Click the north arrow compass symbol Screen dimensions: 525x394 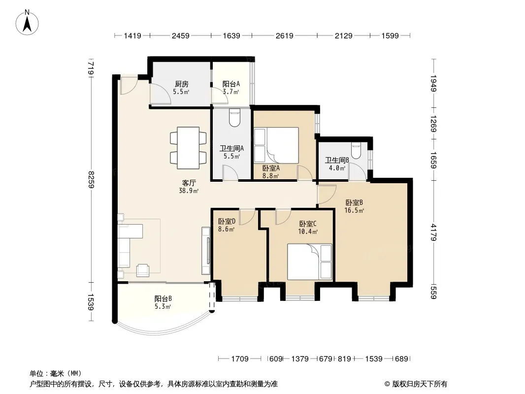click(x=27, y=23)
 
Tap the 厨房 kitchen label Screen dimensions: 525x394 click(x=181, y=84)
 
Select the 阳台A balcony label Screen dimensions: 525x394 click(x=231, y=84)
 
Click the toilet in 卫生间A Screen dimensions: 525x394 click(x=234, y=118)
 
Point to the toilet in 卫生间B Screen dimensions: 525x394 click(x=356, y=150)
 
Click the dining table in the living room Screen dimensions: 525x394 click(x=188, y=148)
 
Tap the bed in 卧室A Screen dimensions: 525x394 click(x=276, y=145)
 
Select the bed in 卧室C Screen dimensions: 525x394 click(x=310, y=262)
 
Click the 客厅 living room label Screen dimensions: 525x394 click(x=189, y=183)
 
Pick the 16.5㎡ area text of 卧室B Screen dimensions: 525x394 click(x=354, y=211)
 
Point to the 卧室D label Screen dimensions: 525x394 click(x=227, y=221)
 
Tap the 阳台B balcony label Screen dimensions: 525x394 click(x=163, y=298)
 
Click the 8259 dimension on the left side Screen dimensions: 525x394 click(x=91, y=179)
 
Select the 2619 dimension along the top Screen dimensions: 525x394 click(x=285, y=35)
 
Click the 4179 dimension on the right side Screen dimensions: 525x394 click(x=433, y=232)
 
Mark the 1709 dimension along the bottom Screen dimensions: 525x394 click(x=240, y=359)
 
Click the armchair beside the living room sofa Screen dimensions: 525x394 click(x=143, y=270)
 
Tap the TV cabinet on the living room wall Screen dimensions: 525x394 click(x=205, y=251)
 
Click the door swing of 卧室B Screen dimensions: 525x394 click(x=327, y=194)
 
